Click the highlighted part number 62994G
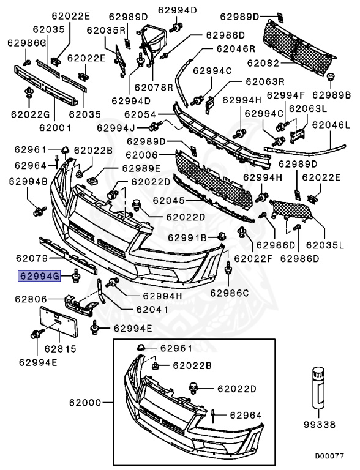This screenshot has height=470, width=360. pyautogui.click(x=39, y=277)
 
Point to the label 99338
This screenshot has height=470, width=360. pyautogui.click(x=320, y=423)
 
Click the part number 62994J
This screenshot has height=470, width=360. pyautogui.click(x=116, y=128)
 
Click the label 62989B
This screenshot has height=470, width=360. pyautogui.click(x=331, y=95)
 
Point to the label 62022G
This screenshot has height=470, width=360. pyautogui.click(x=30, y=114)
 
